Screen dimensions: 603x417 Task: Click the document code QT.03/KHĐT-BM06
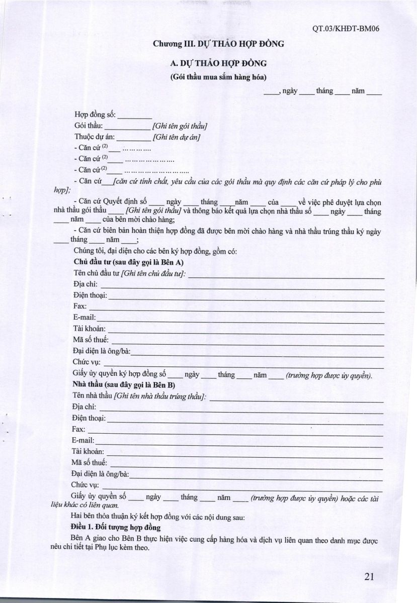click(345, 29)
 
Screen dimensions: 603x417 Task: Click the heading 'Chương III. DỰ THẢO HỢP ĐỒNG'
click(219, 44)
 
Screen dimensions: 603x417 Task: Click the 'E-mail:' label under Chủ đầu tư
click(85, 318)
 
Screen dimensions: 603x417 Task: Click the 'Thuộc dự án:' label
click(96, 137)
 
